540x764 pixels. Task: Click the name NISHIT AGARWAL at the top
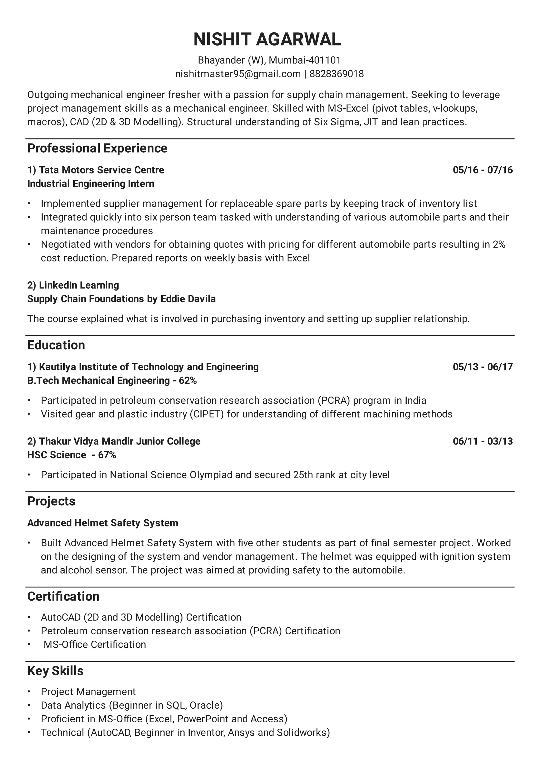267,40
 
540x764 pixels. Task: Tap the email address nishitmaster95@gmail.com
238,74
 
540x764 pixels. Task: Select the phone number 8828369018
337,74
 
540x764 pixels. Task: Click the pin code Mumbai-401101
305,60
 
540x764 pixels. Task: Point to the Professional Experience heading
97,148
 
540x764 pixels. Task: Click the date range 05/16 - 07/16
483,170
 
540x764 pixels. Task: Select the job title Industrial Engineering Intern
91,184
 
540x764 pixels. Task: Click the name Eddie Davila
188,299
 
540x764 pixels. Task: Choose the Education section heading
56,345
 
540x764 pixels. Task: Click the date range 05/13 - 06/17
483,367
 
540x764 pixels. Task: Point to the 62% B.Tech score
188,381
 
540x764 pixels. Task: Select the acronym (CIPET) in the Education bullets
207,414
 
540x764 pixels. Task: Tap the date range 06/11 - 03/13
483,442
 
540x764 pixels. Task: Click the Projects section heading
51,501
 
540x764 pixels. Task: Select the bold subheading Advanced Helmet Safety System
103,523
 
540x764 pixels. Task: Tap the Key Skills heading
55,671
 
